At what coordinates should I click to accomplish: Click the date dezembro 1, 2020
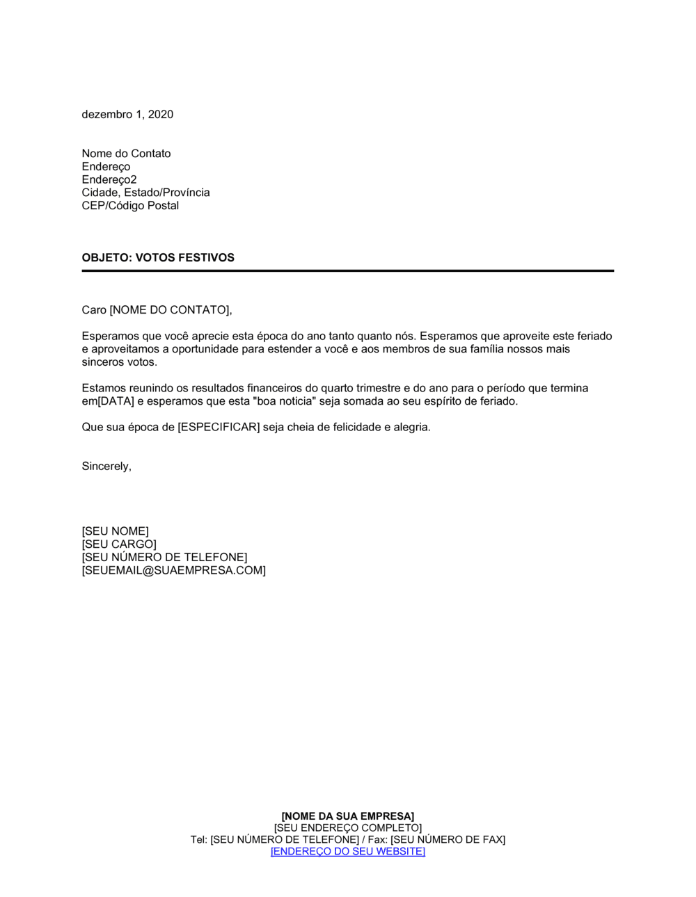click(127, 114)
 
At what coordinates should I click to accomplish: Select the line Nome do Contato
click(126, 154)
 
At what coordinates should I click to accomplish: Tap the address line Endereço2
click(109, 179)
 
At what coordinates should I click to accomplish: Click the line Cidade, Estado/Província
click(145, 193)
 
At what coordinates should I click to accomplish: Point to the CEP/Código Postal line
click(130, 206)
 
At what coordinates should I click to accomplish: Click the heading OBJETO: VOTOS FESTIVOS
click(158, 258)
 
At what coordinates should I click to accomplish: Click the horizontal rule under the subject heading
click(348, 270)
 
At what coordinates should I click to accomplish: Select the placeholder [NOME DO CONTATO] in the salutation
click(170, 310)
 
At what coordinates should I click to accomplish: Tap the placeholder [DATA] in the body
click(116, 401)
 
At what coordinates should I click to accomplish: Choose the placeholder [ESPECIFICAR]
click(219, 427)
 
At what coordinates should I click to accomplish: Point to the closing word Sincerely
click(106, 467)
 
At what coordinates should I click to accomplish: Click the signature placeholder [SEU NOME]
click(115, 531)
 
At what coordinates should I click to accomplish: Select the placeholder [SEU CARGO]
click(119, 544)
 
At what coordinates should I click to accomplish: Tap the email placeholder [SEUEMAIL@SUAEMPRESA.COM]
click(173, 570)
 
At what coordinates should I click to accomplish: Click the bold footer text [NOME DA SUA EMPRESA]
click(348, 816)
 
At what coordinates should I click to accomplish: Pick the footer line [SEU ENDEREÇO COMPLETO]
click(348, 828)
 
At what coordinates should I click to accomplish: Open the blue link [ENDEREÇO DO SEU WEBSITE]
click(348, 852)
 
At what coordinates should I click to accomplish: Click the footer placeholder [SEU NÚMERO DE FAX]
click(448, 840)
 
